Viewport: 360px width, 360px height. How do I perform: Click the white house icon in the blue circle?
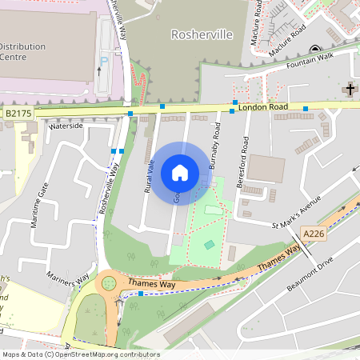179,173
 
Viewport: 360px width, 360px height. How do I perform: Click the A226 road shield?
314,233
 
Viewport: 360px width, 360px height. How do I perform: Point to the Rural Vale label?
149,175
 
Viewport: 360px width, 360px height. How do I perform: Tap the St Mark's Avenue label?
295,212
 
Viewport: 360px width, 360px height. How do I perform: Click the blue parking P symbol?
102,59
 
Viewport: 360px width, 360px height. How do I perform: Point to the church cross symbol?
350,90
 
